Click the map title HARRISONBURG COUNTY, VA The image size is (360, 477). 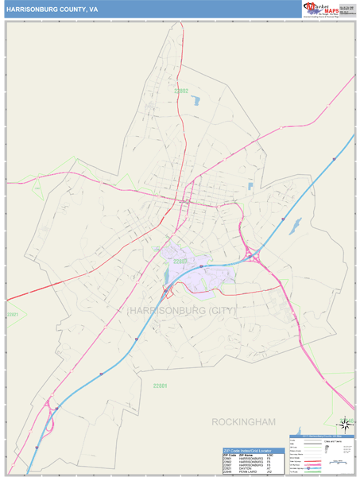53,9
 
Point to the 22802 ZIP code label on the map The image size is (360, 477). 182,91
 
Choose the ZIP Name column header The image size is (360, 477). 246,454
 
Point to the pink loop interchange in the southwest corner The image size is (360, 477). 53,409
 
